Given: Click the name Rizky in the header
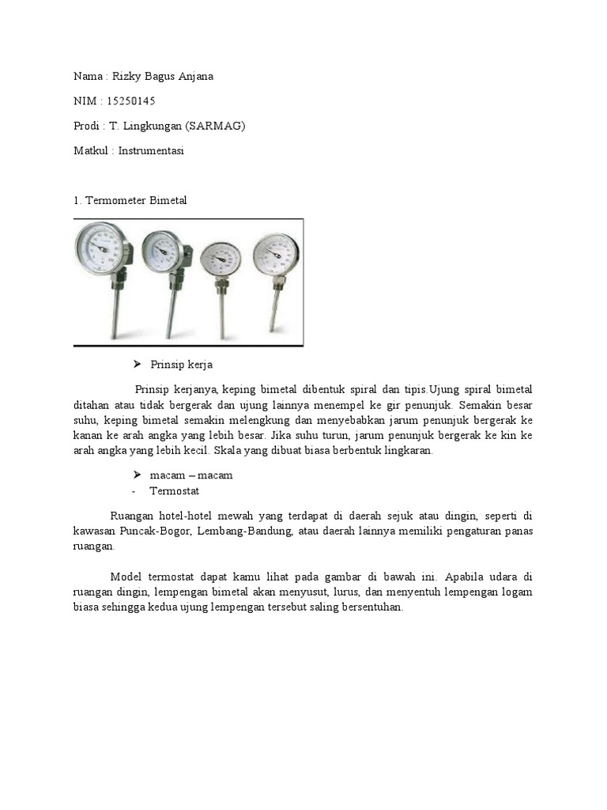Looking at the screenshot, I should tap(125, 77).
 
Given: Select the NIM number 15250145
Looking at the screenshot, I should tap(130, 101).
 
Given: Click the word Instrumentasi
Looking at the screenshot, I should tap(151, 150).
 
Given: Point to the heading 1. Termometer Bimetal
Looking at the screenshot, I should tap(130, 201).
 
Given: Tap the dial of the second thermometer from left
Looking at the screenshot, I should tap(163, 252).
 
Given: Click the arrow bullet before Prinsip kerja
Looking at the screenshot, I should tap(137, 365).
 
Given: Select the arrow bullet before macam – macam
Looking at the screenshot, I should tap(137, 475).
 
